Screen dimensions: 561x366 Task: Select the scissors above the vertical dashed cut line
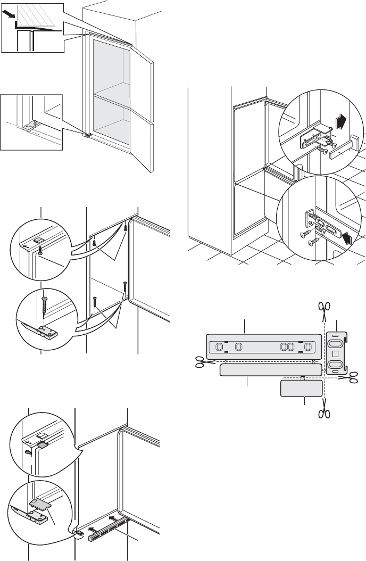[x=324, y=307]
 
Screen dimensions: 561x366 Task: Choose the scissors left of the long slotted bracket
[x=201, y=362]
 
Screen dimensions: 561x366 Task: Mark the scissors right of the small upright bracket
[x=353, y=376]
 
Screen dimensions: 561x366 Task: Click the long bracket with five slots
[x=264, y=346]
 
